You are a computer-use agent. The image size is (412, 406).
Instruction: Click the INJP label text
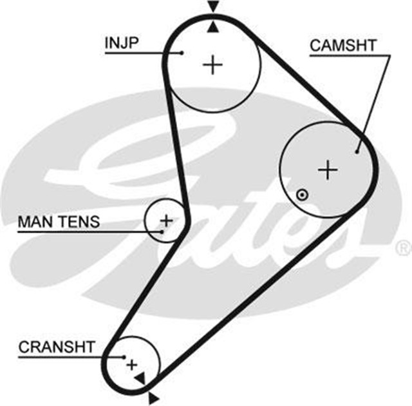click(122, 43)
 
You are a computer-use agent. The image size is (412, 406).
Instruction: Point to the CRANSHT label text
click(57, 347)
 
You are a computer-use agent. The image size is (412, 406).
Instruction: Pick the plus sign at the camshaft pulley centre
click(328, 169)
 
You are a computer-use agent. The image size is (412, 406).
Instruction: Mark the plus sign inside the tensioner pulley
click(166, 220)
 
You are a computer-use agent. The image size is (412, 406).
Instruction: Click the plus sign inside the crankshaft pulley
click(132, 365)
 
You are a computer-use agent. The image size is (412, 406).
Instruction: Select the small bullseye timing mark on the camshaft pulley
click(301, 195)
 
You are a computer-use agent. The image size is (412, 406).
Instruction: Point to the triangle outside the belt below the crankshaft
click(153, 394)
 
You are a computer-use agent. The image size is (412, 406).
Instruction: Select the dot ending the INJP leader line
click(183, 53)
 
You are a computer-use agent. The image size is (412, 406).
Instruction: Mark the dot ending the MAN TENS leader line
click(158, 230)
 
